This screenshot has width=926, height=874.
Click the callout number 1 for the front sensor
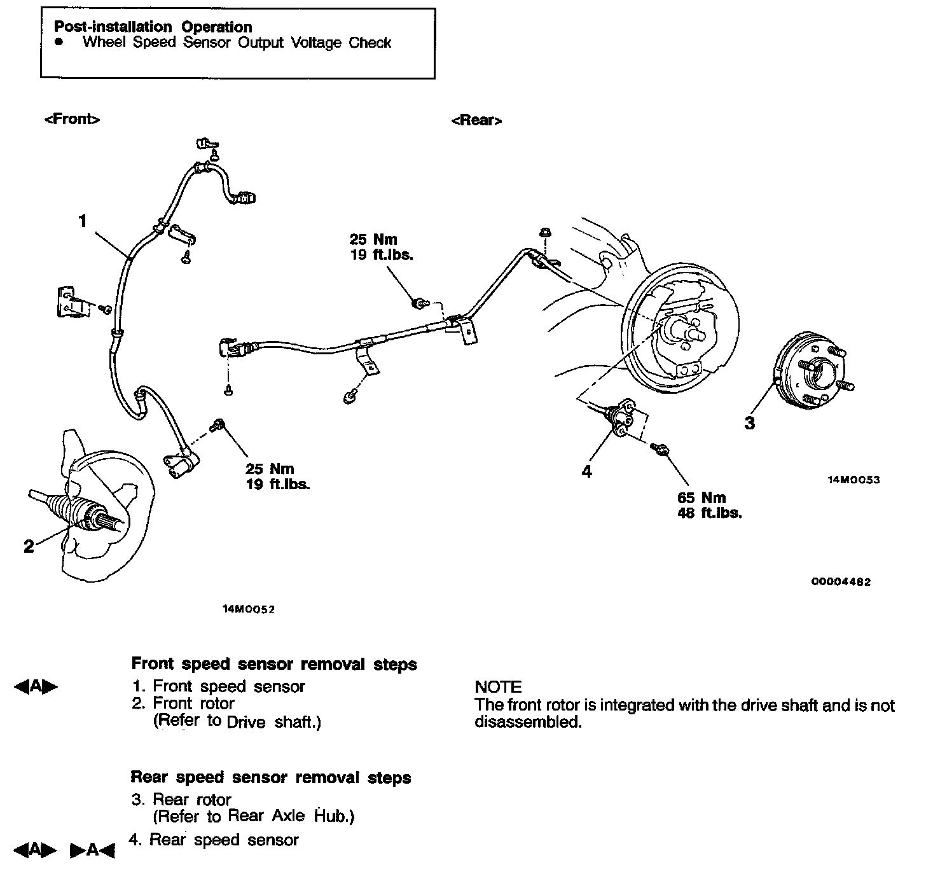[x=82, y=221]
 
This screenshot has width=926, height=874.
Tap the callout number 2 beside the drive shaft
[x=29, y=546]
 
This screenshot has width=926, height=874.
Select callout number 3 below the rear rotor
[x=750, y=423]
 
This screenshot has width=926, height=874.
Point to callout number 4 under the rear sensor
[x=586, y=471]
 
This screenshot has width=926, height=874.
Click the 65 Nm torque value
[x=701, y=498]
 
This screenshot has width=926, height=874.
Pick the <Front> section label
[x=72, y=119]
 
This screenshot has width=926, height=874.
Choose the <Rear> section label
[x=476, y=120]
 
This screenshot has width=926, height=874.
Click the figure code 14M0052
[x=248, y=609]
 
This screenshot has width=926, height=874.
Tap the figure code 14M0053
[x=853, y=480]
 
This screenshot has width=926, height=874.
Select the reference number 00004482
[x=841, y=581]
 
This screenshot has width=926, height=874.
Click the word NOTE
[x=498, y=687]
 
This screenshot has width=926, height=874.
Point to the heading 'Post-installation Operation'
[x=153, y=27]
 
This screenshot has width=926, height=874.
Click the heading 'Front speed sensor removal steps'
[x=274, y=664]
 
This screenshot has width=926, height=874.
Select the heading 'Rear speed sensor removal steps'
[x=271, y=777]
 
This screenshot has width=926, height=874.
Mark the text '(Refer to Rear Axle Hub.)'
[x=253, y=816]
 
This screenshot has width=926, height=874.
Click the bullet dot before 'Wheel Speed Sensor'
[x=60, y=42]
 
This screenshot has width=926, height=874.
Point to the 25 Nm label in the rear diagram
[x=373, y=240]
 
